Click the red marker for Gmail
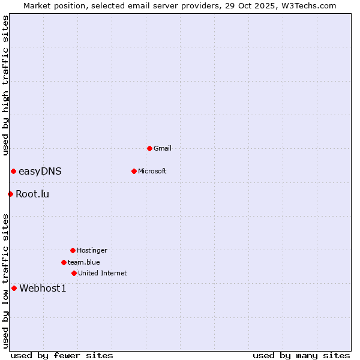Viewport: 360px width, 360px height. click(x=149, y=148)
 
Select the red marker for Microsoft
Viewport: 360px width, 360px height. click(x=134, y=171)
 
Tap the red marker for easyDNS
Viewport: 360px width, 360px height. click(x=13, y=172)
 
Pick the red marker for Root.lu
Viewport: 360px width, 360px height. click(x=10, y=194)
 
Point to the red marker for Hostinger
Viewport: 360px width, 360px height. click(x=73, y=250)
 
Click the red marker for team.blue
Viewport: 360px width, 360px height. click(x=64, y=262)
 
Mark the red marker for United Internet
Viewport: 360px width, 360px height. click(x=74, y=273)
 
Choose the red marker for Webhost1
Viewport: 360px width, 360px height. click(x=14, y=288)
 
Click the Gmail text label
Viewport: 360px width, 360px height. click(x=163, y=148)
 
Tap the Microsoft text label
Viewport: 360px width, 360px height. click(x=152, y=171)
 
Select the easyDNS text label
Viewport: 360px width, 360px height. click(x=40, y=172)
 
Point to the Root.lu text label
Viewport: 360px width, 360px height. click(x=32, y=194)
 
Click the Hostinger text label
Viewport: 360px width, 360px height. click(x=92, y=250)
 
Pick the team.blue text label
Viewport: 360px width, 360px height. click(x=84, y=262)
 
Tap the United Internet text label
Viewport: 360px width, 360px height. click(x=103, y=273)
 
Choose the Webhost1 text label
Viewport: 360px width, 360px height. click(x=43, y=288)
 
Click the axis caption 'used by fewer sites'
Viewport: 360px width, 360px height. click(x=62, y=355)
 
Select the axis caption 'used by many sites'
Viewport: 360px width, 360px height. click(x=301, y=355)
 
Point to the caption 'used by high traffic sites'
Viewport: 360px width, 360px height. click(x=5, y=86)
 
